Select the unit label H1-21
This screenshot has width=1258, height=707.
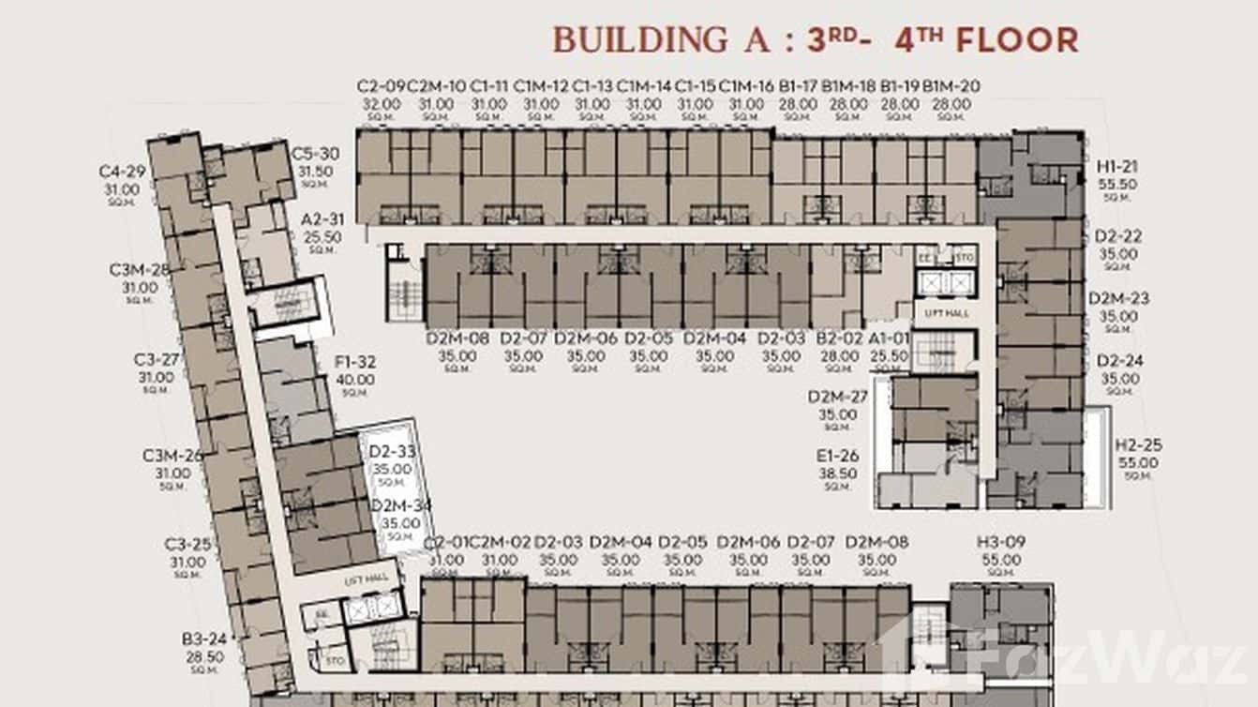click(x=1118, y=167)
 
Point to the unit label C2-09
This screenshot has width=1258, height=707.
click(x=381, y=86)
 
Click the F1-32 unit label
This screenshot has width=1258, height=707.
click(x=355, y=362)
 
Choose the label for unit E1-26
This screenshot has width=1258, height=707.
click(x=837, y=457)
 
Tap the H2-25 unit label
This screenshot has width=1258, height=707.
click(x=1138, y=445)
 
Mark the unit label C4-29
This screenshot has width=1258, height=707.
click(x=122, y=172)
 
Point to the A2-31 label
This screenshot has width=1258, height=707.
click(x=322, y=219)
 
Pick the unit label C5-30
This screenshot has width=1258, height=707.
click(x=315, y=154)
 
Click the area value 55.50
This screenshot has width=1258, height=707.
click(x=1118, y=185)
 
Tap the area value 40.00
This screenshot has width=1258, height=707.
click(x=355, y=380)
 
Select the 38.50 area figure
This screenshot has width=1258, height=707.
click(x=837, y=474)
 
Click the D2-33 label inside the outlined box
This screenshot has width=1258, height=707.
click(x=391, y=451)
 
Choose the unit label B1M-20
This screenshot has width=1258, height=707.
click(x=951, y=86)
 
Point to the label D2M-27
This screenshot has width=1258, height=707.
click(x=837, y=397)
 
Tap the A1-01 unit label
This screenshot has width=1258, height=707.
click(x=889, y=338)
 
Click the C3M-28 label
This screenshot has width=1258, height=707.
click(x=140, y=270)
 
